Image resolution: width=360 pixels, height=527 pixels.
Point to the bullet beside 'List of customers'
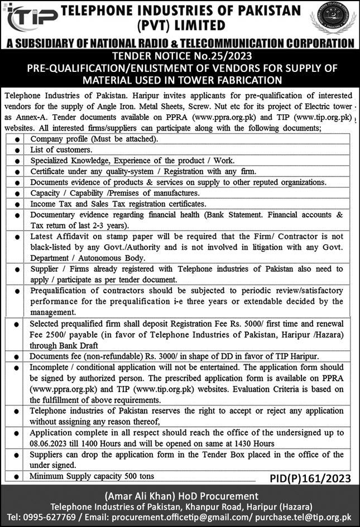(18, 149)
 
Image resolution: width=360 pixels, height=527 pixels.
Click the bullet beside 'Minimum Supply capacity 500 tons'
(18, 476)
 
